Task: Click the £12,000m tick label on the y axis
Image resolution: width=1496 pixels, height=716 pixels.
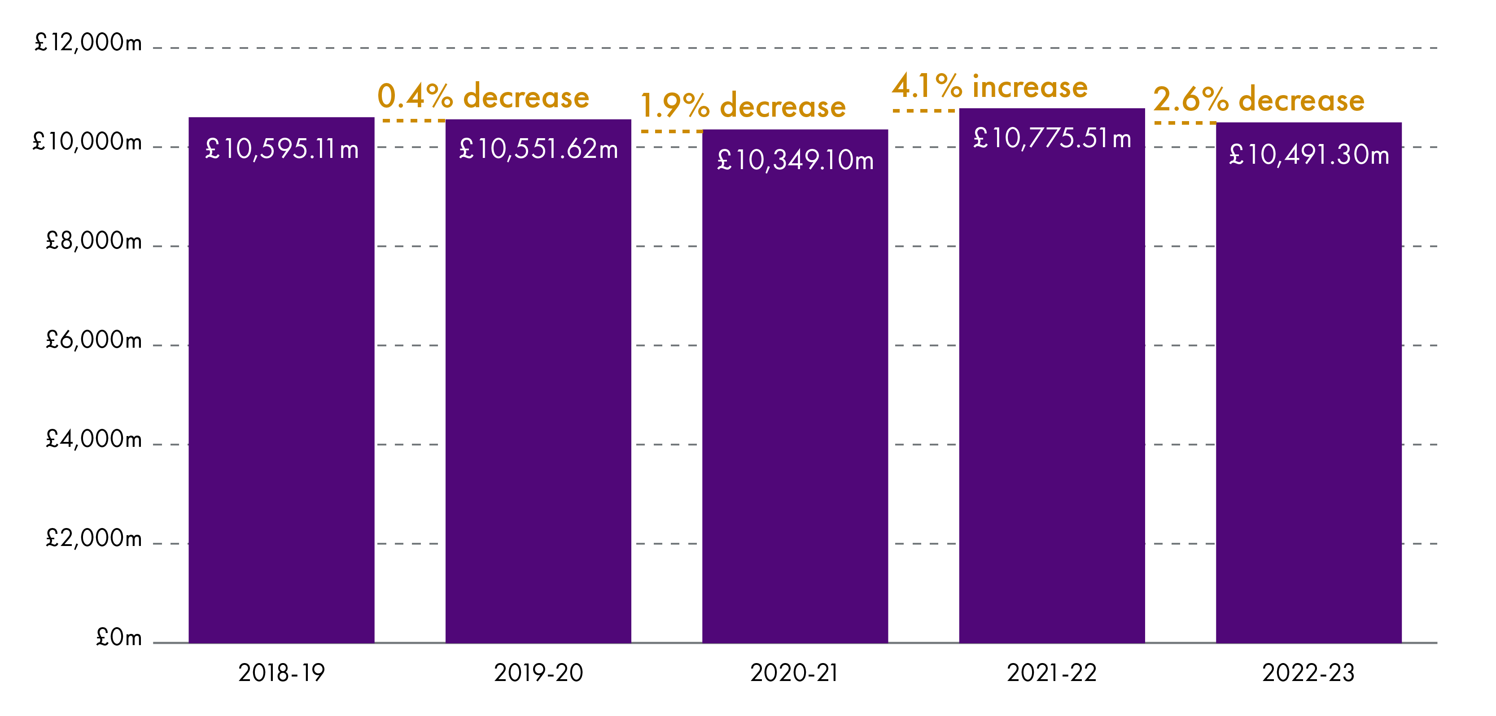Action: [87, 42]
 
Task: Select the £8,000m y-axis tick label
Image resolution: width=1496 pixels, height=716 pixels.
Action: [93, 241]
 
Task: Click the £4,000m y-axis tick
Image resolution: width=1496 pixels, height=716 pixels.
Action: [93, 440]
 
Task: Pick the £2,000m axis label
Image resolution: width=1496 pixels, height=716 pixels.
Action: [93, 539]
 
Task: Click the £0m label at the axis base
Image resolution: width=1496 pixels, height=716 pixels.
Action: [118, 637]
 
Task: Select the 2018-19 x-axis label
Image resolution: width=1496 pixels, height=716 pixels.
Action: [282, 673]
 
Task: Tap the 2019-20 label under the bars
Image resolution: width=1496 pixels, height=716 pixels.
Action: [538, 673]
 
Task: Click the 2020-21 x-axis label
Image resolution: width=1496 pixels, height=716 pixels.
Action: [795, 673]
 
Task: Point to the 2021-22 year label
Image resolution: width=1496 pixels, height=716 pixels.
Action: [1052, 673]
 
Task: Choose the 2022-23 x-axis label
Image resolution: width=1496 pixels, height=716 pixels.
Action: [1308, 673]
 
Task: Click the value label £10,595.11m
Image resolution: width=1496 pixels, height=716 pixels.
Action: [282, 150]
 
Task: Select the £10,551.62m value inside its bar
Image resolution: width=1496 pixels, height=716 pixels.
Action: [538, 149]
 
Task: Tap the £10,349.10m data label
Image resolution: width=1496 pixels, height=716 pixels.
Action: [795, 160]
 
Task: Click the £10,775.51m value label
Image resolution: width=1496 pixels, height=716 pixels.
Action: [1052, 139]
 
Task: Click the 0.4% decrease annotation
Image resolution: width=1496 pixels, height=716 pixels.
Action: [483, 96]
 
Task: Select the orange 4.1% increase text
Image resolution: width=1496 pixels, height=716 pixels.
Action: [989, 87]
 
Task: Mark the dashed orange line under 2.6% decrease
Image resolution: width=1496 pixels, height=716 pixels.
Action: [1185, 123]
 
